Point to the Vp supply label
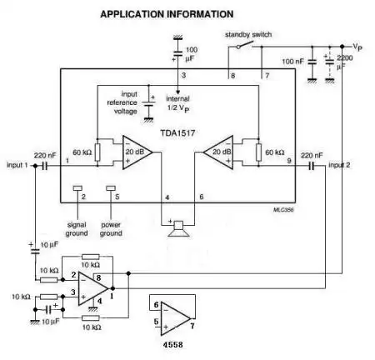[357, 48]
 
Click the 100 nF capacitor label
[293, 62]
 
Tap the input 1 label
[17, 165]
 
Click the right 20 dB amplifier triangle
[219, 152]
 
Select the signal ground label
[77, 228]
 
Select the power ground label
[111, 228]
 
